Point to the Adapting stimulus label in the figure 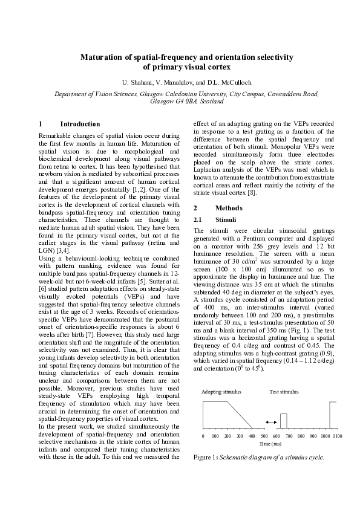pos(221,392)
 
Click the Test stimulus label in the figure pos(284,392)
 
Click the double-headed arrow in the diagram pos(272,420)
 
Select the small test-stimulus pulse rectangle pos(283,421)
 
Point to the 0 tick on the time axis pos(203,436)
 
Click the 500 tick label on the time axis pos(264,436)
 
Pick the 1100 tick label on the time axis pos(337,436)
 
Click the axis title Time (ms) pos(270,444)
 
